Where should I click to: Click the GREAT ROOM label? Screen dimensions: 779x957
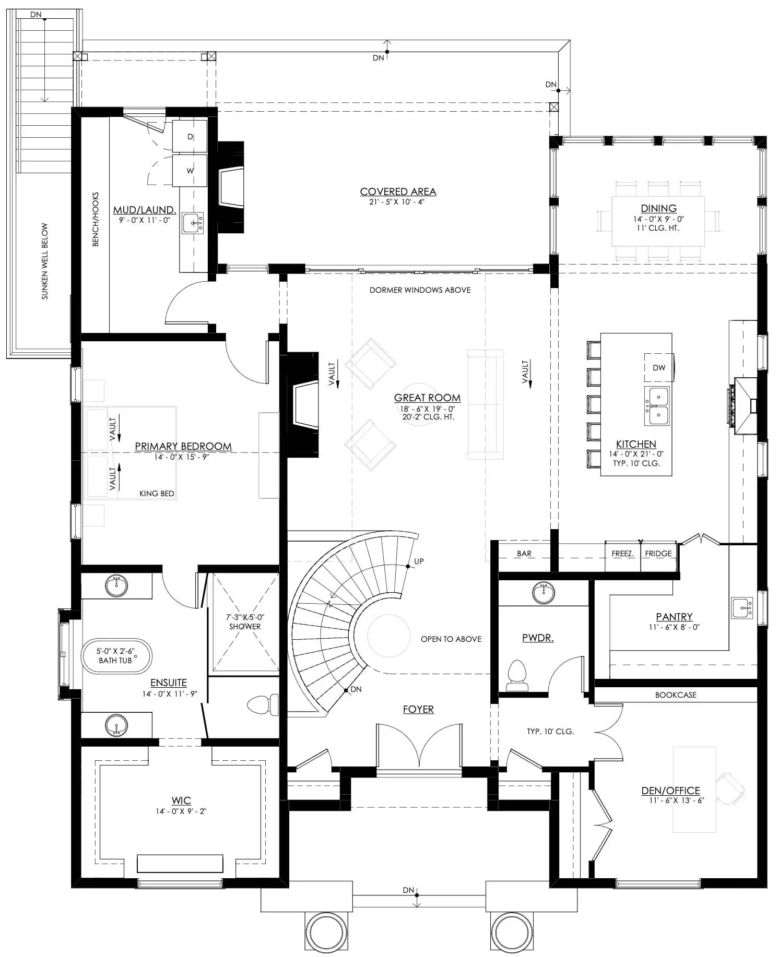pyautogui.click(x=427, y=398)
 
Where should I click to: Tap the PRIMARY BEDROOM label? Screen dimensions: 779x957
pyautogui.click(x=183, y=447)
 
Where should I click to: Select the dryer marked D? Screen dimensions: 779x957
pyautogui.click(x=190, y=137)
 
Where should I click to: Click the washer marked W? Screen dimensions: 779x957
pyautogui.click(x=190, y=171)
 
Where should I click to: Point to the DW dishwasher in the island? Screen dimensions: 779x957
pyautogui.click(x=659, y=368)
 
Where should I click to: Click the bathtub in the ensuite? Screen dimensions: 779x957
pyautogui.click(x=116, y=656)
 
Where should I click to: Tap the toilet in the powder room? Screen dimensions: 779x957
pyautogui.click(x=517, y=676)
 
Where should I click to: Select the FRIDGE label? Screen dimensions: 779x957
pyautogui.click(x=658, y=554)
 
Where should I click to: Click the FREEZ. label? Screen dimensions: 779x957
pyautogui.click(x=622, y=554)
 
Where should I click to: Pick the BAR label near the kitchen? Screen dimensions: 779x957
pyautogui.click(x=524, y=554)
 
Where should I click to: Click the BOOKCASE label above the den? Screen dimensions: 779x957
pyautogui.click(x=676, y=695)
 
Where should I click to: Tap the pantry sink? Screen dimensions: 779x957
pyautogui.click(x=742, y=608)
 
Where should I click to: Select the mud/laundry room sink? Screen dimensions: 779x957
pyautogui.click(x=193, y=223)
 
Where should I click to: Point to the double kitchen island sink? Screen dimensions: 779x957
pyautogui.click(x=657, y=406)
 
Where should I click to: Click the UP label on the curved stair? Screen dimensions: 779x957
pyautogui.click(x=419, y=561)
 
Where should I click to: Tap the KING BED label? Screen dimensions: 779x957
pyautogui.click(x=157, y=494)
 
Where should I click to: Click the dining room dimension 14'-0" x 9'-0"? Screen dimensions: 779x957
pyautogui.click(x=658, y=220)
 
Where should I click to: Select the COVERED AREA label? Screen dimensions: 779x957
pyautogui.click(x=398, y=192)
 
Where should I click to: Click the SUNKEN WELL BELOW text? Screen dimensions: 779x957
pyautogui.click(x=45, y=261)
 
